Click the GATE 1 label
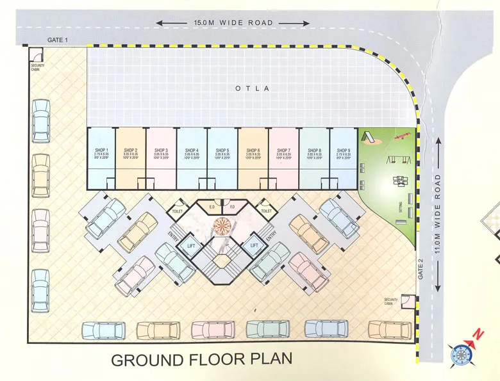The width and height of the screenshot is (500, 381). (x=58, y=40)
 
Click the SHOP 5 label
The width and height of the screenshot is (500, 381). (x=222, y=149)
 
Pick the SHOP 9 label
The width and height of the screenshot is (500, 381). (x=344, y=149)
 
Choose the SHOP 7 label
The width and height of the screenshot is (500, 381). (x=283, y=149)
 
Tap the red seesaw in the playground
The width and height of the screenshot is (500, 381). (x=402, y=136)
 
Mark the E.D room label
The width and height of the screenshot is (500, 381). (x=211, y=207)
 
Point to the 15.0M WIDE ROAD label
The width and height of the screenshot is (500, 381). (x=233, y=23)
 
